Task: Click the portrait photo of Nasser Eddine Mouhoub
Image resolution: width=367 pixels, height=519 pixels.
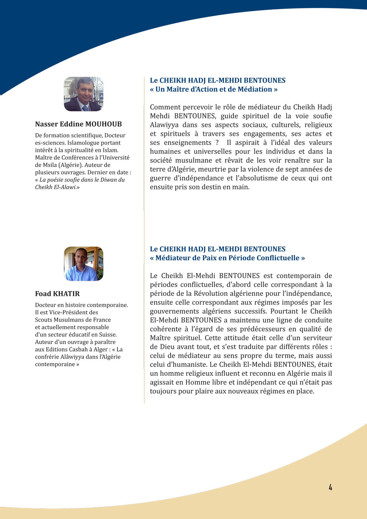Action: (x=83, y=94)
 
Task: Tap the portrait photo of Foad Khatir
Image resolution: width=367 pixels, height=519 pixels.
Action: (x=83, y=264)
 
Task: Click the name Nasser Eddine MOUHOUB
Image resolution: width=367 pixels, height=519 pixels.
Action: (x=78, y=124)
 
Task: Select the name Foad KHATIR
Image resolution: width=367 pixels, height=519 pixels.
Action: (x=57, y=294)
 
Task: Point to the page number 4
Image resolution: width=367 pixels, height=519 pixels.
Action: (x=330, y=487)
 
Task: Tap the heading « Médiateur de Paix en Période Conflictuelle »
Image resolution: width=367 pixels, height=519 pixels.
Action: (x=227, y=258)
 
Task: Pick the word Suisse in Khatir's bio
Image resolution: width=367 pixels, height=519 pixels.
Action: (x=108, y=334)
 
